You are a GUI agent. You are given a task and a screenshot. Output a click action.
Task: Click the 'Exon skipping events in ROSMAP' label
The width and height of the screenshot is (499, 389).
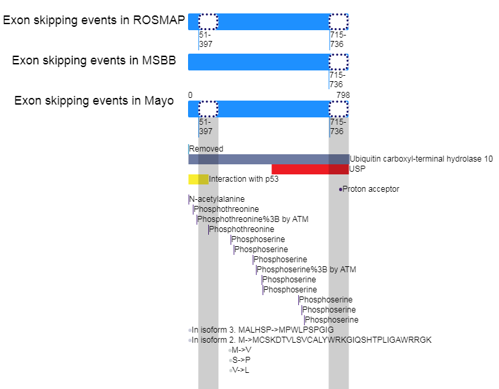(x=94, y=20)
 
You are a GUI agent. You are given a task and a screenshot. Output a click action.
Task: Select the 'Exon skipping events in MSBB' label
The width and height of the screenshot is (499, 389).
(x=94, y=60)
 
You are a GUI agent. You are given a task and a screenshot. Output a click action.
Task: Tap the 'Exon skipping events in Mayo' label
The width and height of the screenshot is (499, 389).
(x=94, y=101)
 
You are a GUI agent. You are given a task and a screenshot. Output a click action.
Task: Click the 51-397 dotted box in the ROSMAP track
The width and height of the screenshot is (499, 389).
(x=208, y=21)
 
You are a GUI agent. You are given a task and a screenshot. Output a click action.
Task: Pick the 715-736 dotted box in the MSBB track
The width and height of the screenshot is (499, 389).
(x=338, y=62)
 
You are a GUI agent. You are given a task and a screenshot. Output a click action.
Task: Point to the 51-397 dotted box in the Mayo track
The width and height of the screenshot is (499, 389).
(x=208, y=109)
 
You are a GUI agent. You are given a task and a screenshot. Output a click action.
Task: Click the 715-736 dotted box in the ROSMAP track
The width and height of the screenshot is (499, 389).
(x=338, y=21)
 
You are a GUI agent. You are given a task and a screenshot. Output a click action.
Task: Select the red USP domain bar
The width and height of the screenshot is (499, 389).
(x=310, y=169)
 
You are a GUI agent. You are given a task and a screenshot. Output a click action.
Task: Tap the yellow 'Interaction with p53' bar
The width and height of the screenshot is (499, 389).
(x=198, y=179)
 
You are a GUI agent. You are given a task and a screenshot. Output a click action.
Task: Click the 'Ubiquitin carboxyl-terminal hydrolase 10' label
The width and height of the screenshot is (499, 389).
(x=421, y=159)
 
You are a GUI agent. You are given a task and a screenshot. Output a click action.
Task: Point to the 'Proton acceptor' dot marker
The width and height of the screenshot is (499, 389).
(x=341, y=190)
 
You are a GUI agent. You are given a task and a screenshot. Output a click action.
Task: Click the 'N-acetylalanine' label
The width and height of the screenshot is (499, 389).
(x=217, y=199)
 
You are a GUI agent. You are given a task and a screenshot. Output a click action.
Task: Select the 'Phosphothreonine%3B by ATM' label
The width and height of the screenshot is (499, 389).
(x=253, y=219)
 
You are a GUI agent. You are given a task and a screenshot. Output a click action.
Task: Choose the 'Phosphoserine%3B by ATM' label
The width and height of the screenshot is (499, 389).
(x=306, y=270)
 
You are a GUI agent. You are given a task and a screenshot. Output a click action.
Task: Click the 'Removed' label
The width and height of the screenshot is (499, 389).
(x=206, y=149)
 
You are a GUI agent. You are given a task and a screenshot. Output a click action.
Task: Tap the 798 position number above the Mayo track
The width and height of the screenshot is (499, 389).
(x=343, y=95)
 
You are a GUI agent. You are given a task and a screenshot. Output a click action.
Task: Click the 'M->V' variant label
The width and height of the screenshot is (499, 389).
(x=241, y=350)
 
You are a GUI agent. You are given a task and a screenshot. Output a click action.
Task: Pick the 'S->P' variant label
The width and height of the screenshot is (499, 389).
(x=241, y=360)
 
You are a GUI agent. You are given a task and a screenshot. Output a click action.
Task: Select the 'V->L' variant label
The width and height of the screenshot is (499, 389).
(x=240, y=370)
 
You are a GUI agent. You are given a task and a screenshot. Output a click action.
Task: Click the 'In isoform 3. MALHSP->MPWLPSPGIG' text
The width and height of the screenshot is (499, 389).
(x=263, y=330)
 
